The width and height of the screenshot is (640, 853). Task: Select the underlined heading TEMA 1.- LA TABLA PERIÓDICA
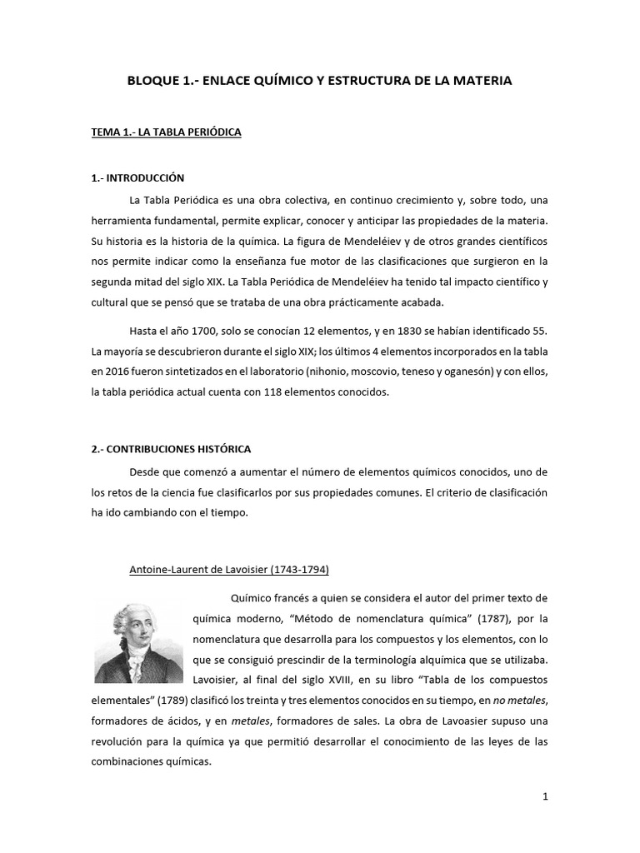pos(166,132)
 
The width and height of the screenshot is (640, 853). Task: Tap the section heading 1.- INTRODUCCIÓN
pos(137,178)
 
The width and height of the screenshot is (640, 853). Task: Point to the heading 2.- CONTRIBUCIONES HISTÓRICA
pos(171,449)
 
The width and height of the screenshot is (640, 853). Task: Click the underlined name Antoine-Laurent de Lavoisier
pos(229,570)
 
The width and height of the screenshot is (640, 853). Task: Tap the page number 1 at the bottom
pos(545,796)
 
